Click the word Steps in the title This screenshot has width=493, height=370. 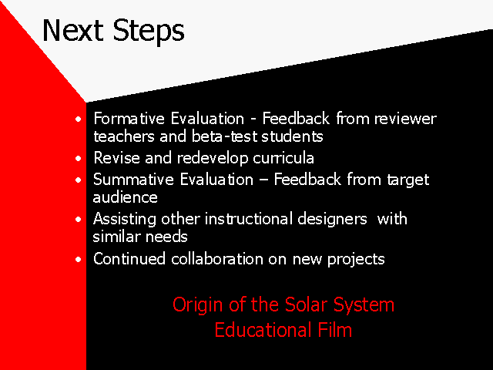click(149, 32)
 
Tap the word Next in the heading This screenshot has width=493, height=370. click(72, 30)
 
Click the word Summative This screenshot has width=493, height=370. click(133, 180)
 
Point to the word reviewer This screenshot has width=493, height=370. click(405, 119)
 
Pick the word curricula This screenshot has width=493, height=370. click(283, 157)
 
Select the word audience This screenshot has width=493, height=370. click(125, 197)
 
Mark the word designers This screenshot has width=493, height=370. click(332, 219)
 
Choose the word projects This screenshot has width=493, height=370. click(356, 260)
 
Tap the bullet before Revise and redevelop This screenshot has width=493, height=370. click(79, 158)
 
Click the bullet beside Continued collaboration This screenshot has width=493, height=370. click(79, 259)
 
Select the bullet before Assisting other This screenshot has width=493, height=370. click(79, 219)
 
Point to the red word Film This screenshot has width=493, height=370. click(335, 330)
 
